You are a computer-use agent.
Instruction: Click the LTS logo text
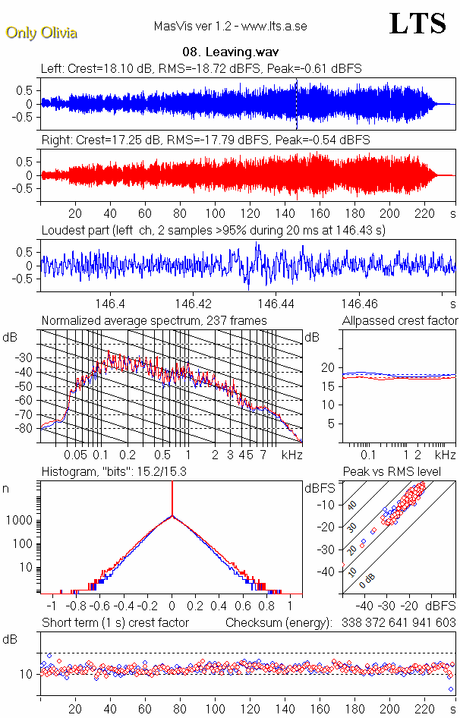(417, 24)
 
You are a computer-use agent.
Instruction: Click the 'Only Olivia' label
(41, 33)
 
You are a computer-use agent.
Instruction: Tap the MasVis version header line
(230, 26)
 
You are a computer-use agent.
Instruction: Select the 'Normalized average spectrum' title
(154, 321)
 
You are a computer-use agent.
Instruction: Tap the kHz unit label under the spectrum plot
(292, 455)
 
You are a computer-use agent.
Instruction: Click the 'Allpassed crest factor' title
(400, 321)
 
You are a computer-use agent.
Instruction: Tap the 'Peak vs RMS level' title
(402, 472)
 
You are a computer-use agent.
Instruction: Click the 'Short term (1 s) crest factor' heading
(115, 622)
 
